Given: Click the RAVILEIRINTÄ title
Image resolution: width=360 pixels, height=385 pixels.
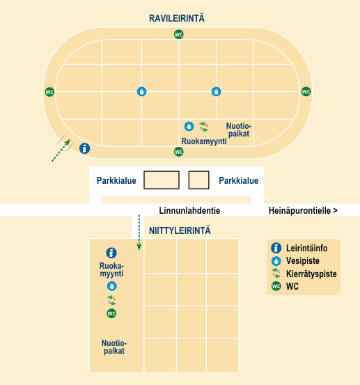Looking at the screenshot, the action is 177,18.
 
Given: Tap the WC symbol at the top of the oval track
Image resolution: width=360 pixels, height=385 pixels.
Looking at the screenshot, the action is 178,34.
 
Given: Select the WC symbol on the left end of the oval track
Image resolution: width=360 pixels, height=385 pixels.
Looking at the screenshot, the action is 49,92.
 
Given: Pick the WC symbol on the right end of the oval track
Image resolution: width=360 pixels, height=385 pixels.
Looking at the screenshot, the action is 306,92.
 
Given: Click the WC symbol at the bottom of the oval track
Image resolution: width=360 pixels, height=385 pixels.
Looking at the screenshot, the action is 178,152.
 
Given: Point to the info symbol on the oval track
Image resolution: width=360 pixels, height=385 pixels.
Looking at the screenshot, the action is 84,148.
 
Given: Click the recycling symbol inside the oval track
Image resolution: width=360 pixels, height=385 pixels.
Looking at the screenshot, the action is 204,127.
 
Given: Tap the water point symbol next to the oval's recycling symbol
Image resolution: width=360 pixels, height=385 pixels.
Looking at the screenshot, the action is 189,127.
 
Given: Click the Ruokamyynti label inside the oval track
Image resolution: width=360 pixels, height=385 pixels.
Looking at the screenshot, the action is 204,141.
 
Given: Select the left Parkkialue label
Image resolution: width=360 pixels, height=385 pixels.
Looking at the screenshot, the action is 116,180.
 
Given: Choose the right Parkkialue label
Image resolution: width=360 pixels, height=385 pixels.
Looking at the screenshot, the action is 238,180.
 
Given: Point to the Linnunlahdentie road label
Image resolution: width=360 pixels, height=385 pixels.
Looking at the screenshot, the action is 189,210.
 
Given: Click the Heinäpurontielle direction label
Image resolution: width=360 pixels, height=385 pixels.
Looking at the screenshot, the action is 303,210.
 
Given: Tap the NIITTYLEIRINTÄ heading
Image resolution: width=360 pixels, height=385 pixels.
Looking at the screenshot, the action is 180,231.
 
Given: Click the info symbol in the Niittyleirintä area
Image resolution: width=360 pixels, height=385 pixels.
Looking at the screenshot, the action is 111,253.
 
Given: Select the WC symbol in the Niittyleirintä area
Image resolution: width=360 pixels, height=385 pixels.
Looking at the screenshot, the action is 111,313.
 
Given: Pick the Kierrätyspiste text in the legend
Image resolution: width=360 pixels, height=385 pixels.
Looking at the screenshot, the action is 311,274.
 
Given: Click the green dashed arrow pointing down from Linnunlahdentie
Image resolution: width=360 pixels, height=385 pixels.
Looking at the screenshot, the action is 139,233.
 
